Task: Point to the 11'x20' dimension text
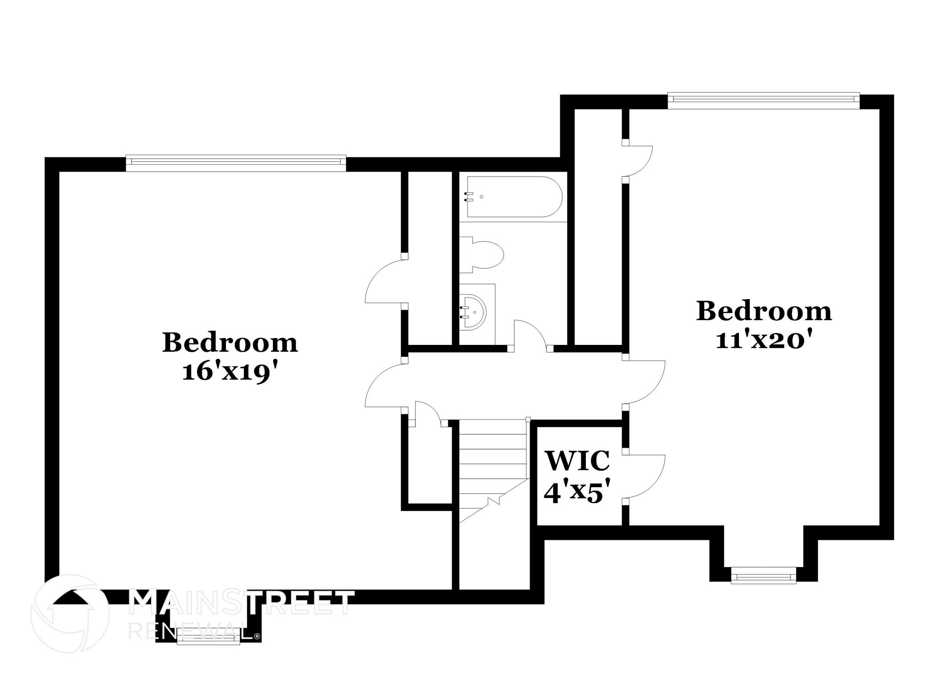coord(764,341)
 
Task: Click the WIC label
coord(577,461)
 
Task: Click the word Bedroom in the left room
coord(230,343)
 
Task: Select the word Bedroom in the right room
coord(764,311)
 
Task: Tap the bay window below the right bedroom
coord(763,575)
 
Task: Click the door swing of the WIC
coord(646,477)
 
